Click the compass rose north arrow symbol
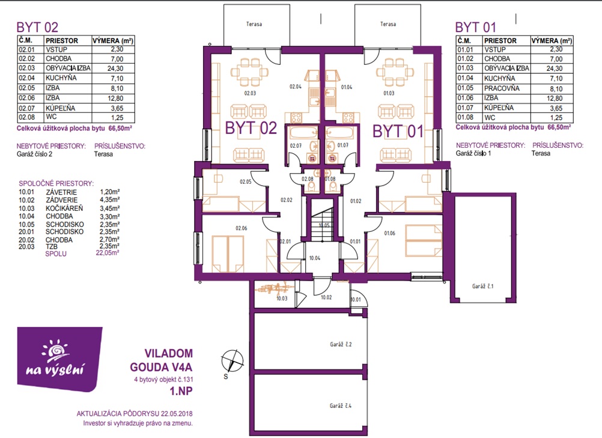tap(233, 361)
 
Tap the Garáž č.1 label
tap(482, 286)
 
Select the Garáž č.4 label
tap(341, 406)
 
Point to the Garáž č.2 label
tap(341, 344)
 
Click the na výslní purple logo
tap(59, 359)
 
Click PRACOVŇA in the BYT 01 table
tap(502, 88)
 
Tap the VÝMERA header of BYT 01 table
tap(552, 41)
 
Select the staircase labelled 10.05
tap(322, 220)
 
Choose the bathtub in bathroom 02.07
tap(303, 133)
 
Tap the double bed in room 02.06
tap(228, 254)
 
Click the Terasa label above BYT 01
tap(388, 24)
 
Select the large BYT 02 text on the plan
tap(251, 128)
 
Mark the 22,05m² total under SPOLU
tap(108, 252)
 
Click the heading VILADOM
tap(169, 353)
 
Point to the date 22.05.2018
tap(177, 414)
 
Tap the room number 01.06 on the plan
tap(389, 233)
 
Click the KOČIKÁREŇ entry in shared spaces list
tap(64, 208)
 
